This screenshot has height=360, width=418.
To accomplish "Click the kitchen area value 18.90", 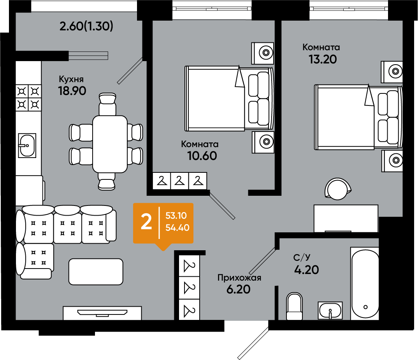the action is pos(72,91).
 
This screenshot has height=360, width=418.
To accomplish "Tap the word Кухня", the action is pos(71,79).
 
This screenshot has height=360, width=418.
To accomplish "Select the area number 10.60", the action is pos(202,156).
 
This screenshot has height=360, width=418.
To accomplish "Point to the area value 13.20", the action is pos(323,59).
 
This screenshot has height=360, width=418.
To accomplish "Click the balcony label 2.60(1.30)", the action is pos(86,26).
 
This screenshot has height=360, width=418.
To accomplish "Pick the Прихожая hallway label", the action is pos(239,278).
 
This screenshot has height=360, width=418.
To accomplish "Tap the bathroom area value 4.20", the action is pos(307,270).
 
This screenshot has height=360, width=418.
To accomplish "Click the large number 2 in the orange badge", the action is pos(146,222).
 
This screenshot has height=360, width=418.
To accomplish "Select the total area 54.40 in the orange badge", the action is pos(177,228).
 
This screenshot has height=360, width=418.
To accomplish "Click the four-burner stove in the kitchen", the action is pos(28,98).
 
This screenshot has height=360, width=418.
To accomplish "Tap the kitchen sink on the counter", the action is pos(27,146).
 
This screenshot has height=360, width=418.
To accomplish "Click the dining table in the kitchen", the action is pos(110,144).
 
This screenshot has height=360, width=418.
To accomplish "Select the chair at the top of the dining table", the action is pos(107,104).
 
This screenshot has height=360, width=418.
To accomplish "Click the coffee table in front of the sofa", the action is pos(96,272).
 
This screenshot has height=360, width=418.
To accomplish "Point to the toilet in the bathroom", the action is pos(294,306).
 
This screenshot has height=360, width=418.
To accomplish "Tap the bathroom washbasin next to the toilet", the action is pos(330,311).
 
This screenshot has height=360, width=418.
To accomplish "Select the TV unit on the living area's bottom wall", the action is pos(102,313).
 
